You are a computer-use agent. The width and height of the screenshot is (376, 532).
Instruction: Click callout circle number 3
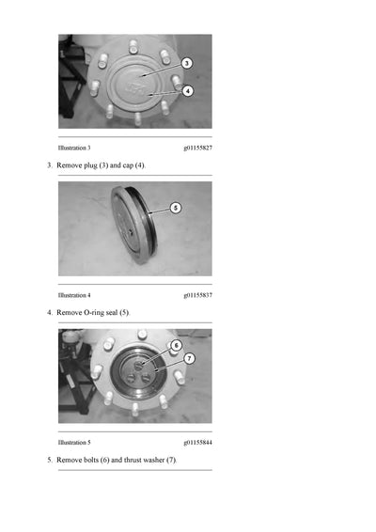coord(187,63)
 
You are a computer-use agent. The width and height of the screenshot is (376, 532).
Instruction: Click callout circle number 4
coord(188,91)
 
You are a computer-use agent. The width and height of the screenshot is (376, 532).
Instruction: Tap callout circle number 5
coord(176,208)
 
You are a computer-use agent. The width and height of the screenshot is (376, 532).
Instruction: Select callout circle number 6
coord(176,345)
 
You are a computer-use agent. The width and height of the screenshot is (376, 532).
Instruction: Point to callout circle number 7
coord(189,358)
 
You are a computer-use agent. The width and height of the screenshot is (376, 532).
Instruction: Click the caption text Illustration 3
coord(74,148)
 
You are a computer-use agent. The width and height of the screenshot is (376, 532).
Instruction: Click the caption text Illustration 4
coord(74,295)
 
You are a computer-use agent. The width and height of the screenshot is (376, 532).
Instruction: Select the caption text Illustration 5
coord(74,443)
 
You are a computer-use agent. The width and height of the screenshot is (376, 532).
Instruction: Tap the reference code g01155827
coord(197,148)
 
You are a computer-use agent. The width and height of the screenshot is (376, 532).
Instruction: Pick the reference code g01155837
coord(197,295)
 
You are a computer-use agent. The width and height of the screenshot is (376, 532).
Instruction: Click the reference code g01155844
coord(197,443)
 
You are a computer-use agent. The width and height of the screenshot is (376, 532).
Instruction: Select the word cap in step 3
coord(128,165)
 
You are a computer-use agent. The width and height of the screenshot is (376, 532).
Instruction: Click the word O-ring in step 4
coord(91,312)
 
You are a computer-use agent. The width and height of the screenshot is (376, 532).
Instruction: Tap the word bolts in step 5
coord(88,460)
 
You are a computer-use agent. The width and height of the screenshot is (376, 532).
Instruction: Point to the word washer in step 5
coord(154,460)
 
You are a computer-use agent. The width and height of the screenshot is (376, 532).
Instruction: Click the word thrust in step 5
coord(133,460)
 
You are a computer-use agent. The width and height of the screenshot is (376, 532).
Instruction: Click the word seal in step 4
coord(111,312)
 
